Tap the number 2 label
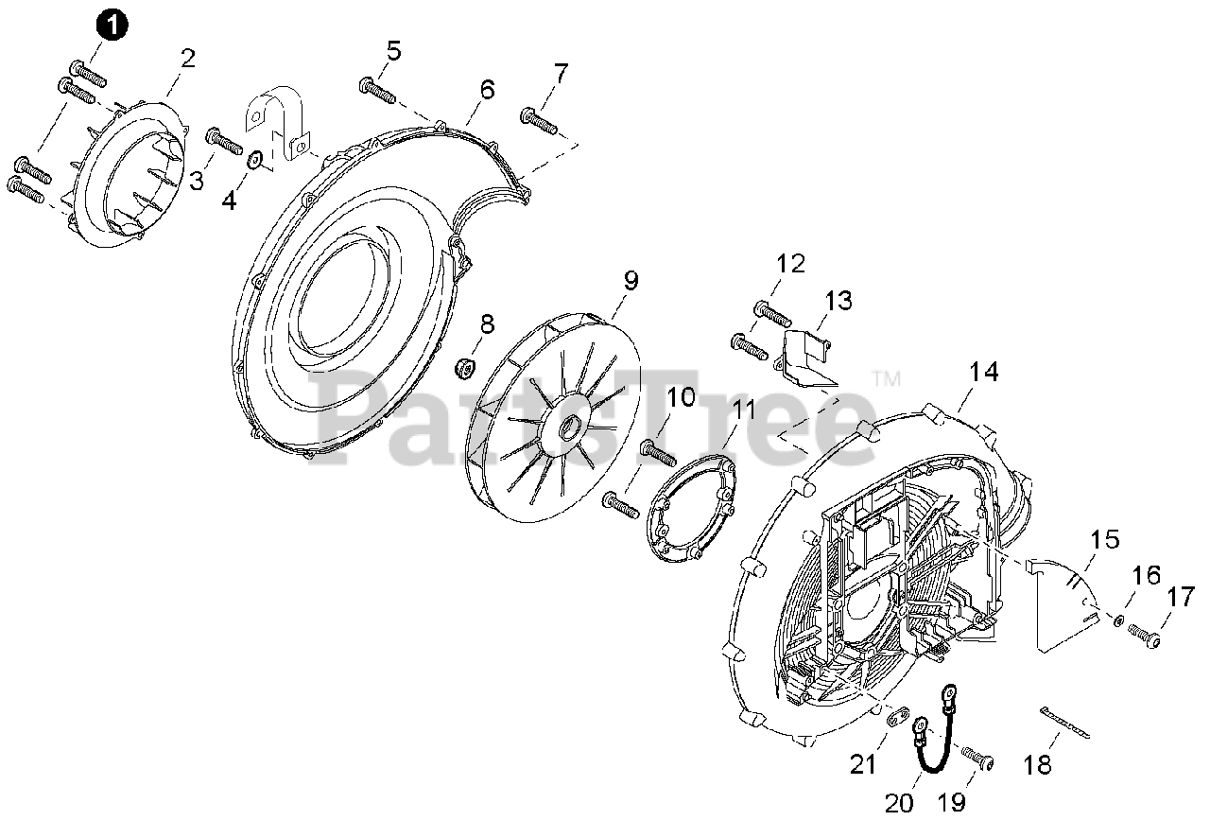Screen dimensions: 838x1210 click(188, 59)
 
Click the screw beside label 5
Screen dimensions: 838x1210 click(376, 91)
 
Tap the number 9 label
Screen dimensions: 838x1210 click(631, 281)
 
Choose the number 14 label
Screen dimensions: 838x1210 click(983, 373)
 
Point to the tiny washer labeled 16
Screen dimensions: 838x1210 click(1119, 621)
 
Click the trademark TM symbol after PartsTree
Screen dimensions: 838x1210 click(886, 380)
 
